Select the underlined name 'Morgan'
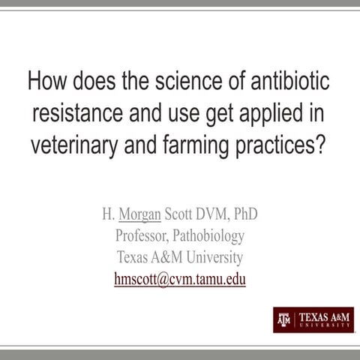[139, 214]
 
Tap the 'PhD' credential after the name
[245, 214]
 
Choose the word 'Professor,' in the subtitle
[144, 236]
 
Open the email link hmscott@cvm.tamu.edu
[180, 279]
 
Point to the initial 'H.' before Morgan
[108, 214]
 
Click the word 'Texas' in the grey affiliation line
[134, 257]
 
